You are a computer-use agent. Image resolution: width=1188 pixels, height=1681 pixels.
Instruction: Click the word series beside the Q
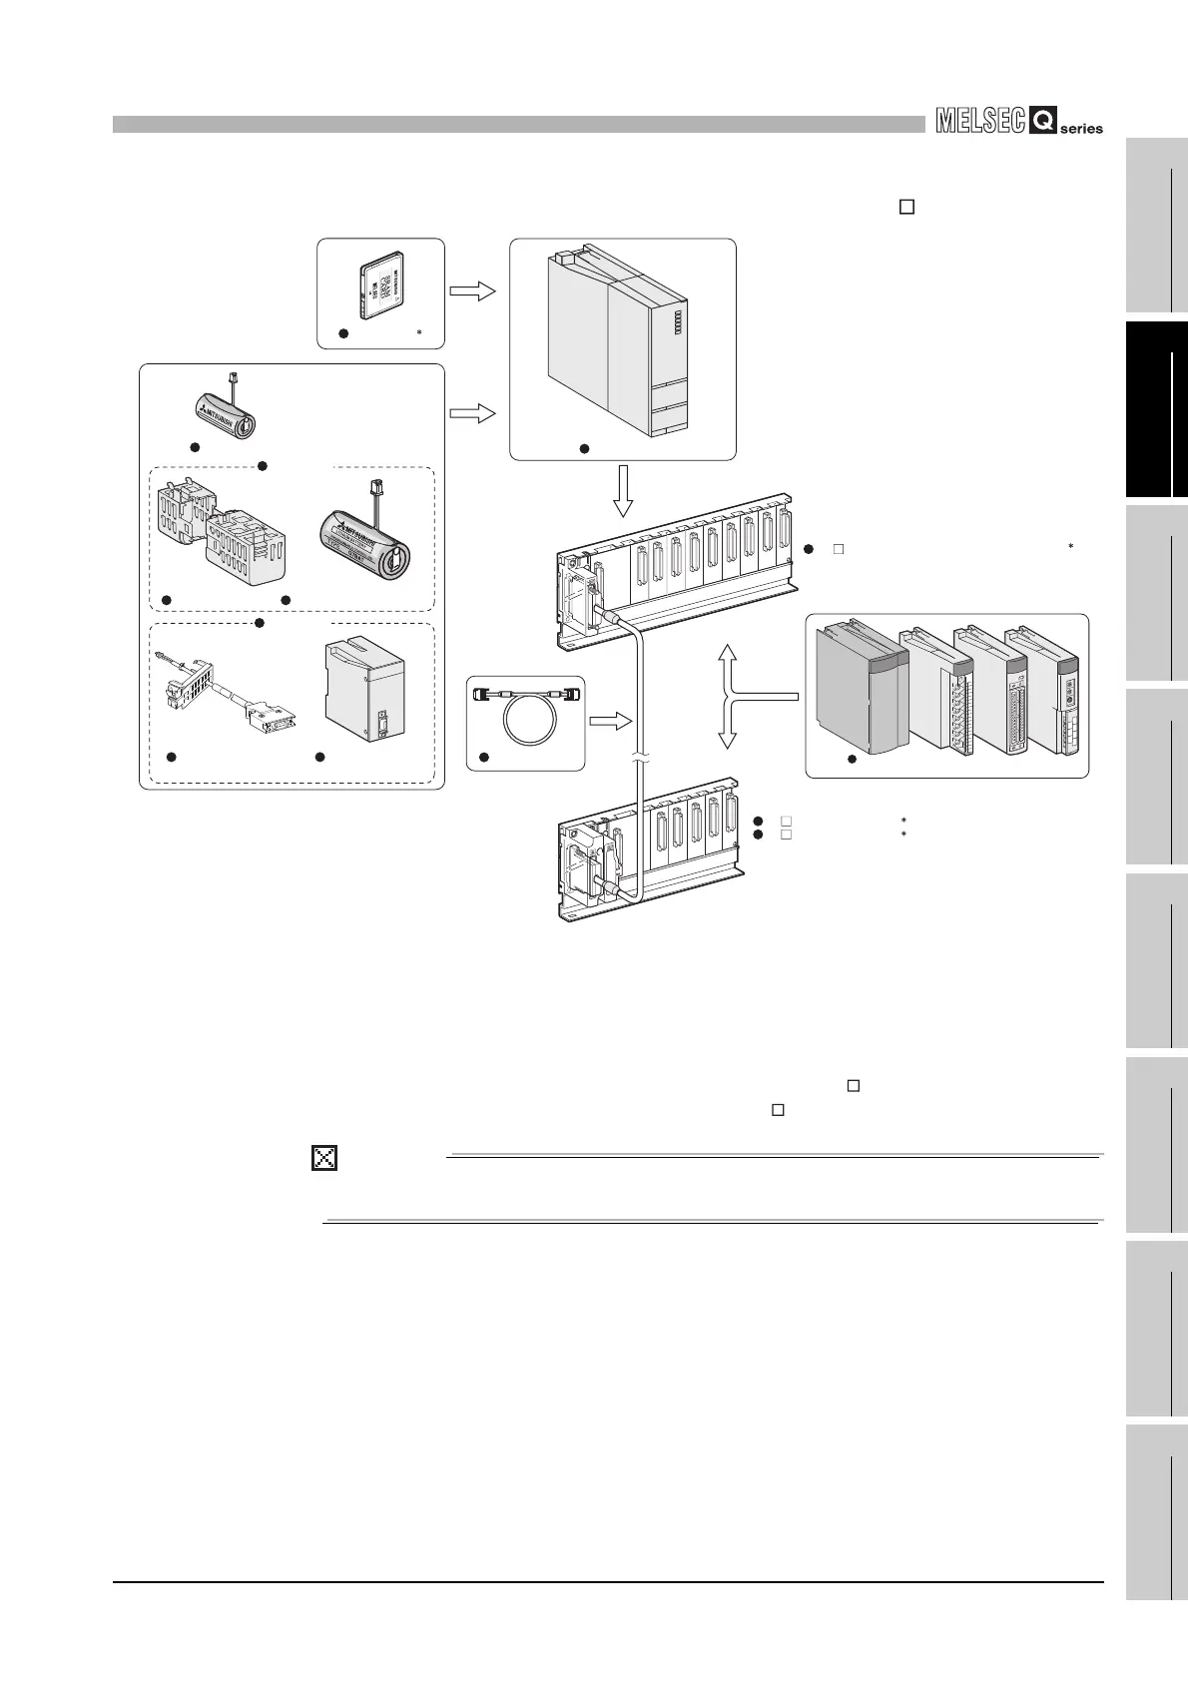point(1082,128)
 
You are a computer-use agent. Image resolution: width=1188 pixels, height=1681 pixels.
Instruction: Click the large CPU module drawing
point(617,340)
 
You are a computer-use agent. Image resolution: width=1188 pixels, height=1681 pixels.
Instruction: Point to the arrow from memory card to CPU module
point(473,291)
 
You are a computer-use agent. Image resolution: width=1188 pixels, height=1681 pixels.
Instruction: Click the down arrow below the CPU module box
point(623,491)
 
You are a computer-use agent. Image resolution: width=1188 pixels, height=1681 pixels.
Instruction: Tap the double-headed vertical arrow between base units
point(728,696)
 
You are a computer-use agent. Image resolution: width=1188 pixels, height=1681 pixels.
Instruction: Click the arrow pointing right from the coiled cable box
point(610,720)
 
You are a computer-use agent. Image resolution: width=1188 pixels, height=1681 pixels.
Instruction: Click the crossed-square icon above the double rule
point(324,1157)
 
